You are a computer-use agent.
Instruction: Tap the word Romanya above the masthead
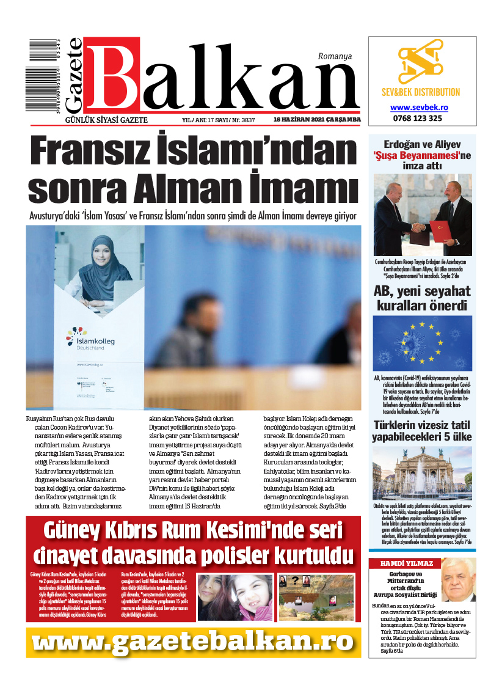click(x=335, y=56)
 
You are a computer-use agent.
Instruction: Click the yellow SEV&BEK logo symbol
click(x=421, y=62)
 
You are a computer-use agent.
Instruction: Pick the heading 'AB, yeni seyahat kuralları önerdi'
click(x=422, y=298)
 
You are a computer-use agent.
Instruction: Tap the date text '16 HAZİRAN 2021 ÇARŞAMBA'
click(x=317, y=120)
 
